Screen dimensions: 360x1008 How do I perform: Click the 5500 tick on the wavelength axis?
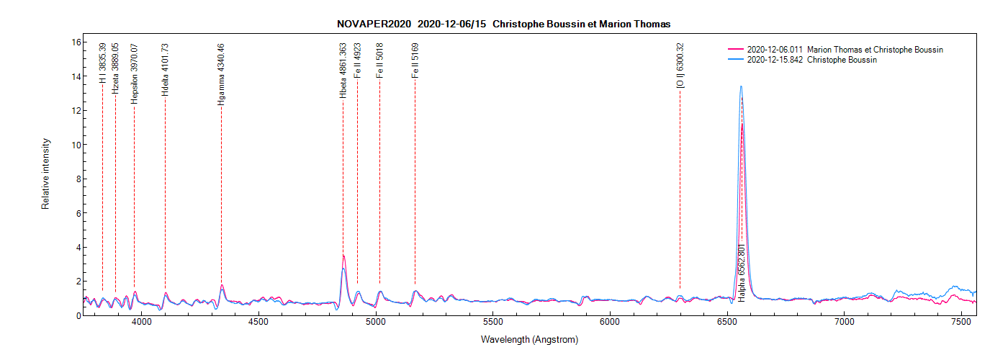(492, 323)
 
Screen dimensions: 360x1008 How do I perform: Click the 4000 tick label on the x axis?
(142, 323)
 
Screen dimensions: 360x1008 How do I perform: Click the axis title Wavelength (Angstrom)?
(529, 339)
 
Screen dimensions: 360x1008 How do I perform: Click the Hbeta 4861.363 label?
(343, 71)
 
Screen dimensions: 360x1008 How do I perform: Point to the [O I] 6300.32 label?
(680, 66)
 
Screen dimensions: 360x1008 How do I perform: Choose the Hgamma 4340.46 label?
(221, 75)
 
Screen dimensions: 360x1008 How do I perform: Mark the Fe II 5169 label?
(415, 61)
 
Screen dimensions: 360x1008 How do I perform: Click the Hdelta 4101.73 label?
(165, 70)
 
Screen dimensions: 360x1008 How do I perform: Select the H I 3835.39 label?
(102, 63)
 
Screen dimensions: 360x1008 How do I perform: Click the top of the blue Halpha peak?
(740, 86)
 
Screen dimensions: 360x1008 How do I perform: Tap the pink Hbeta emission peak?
(343, 256)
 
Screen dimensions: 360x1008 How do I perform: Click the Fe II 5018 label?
(379, 61)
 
